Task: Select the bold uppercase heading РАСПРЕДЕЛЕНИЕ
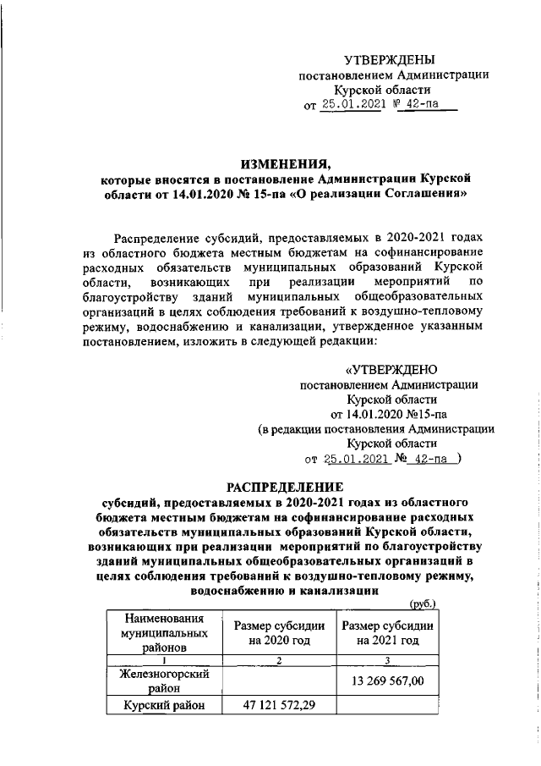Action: click(x=283, y=487)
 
